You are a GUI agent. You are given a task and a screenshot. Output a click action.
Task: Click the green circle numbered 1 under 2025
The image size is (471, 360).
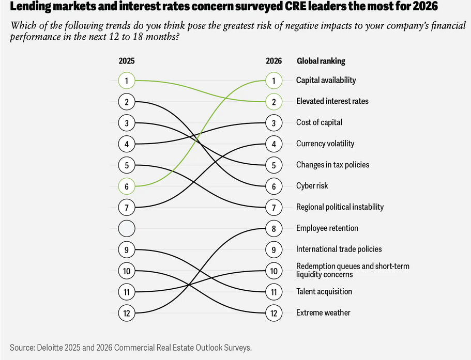pos(127,81)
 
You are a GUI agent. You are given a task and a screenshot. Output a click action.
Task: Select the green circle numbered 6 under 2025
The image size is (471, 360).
pos(127,186)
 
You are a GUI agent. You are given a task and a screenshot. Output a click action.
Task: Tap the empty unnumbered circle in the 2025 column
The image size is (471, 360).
pos(127,228)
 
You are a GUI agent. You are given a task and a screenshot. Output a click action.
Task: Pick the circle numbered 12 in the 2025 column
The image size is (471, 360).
pos(127,312)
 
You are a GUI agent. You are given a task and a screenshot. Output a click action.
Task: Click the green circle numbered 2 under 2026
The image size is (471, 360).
pos(274,102)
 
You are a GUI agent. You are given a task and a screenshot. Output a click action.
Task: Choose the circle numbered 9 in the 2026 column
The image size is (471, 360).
pos(274,249)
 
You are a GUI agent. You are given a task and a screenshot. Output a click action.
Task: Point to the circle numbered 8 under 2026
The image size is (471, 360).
pos(274,228)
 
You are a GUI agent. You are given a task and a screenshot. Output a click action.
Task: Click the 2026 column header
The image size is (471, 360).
pos(274,61)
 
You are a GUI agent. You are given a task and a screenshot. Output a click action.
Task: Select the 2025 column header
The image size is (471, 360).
pos(127,61)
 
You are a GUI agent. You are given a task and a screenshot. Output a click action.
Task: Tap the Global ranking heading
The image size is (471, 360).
pos(321,61)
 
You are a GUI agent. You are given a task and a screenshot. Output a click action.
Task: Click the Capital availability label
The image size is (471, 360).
pos(326,80)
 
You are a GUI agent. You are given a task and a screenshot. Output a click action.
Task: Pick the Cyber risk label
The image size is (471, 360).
pos(312,185)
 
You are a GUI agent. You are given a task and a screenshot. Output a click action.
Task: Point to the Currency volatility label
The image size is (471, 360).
pos(325,144)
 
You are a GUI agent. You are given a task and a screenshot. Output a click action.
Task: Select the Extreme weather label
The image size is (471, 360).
pos(323,312)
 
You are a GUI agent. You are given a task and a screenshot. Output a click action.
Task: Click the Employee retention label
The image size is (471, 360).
pos(327,228)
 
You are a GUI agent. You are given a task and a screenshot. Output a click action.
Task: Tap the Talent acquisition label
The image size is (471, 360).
pos(324,291)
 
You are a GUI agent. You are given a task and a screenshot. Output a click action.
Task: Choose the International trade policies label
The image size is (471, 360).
pos(339,249)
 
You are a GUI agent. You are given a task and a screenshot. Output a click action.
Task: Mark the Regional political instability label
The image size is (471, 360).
pos(340,207)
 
